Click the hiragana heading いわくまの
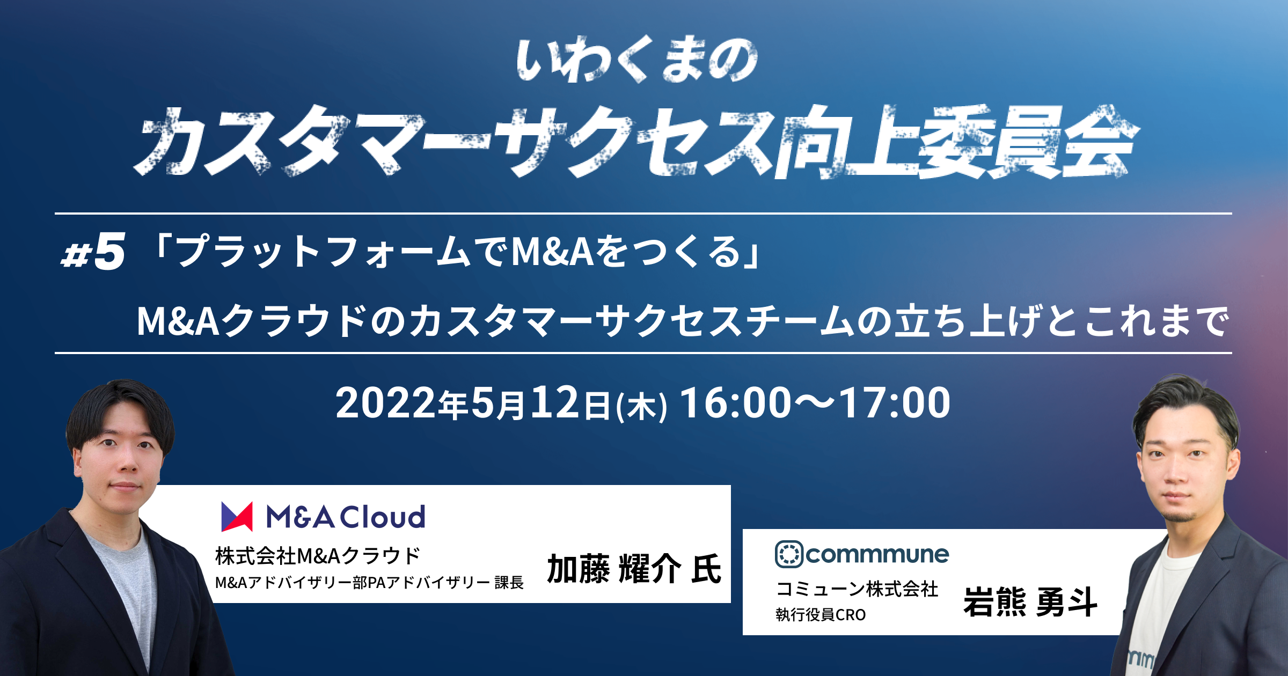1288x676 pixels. point(638,60)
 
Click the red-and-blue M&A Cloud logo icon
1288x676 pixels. point(237,517)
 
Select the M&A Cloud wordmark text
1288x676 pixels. point(346,517)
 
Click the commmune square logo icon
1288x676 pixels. point(789,554)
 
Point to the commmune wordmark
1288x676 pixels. point(877,555)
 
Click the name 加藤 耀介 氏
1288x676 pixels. point(634,569)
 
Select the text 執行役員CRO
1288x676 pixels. point(821,615)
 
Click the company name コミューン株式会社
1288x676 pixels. point(857,589)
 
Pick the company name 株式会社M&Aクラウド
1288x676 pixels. point(318,556)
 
